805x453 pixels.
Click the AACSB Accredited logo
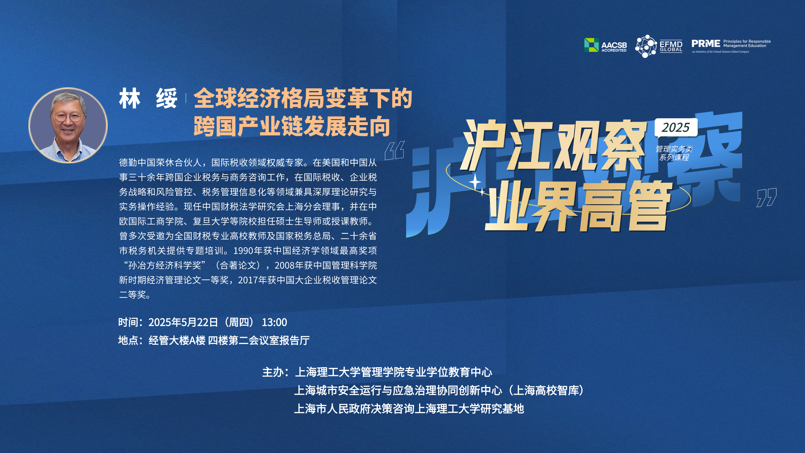coord(605,45)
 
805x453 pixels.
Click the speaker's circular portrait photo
coord(68,125)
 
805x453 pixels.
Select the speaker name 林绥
coord(148,98)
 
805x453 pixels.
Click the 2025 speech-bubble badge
coord(676,128)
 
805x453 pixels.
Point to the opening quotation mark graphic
coord(394,150)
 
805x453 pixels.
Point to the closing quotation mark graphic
coord(766,197)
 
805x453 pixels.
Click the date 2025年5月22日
coord(183,322)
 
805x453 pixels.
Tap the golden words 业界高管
coord(578,206)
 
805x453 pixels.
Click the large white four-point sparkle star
coord(475,182)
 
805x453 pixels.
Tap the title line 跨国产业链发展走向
coord(292,126)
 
